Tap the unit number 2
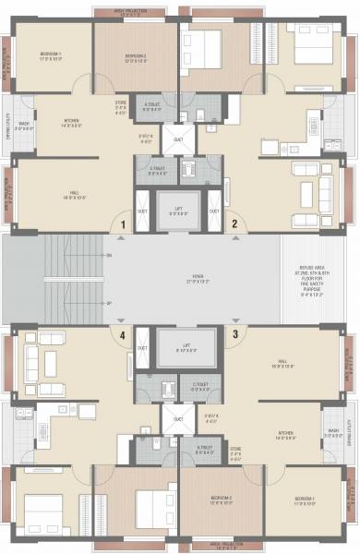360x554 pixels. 234,223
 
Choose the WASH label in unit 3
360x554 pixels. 333,429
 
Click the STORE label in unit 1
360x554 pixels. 121,105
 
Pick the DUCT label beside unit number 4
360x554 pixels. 142,348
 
